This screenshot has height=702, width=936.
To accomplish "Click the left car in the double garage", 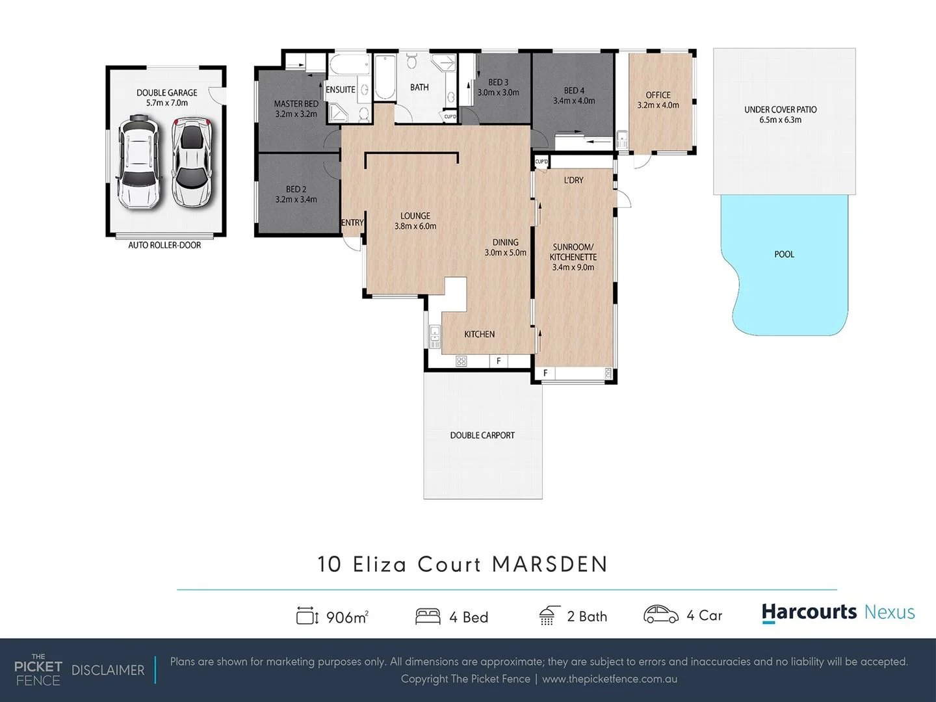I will coord(138,162).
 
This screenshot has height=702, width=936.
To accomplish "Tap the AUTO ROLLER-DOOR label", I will coord(164,245).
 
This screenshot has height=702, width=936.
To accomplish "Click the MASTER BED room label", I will coord(296,104).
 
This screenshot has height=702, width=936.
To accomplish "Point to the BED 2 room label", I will coord(296,189).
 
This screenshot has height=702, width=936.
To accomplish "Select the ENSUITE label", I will coord(341,90).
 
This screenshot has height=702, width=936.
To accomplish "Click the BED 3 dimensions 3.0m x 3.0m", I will coord(498,93).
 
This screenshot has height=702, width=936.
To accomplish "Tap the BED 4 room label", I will coord(574,90).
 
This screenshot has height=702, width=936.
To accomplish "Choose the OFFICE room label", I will coord(658,95).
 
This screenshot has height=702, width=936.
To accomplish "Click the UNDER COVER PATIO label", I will coord(780,109).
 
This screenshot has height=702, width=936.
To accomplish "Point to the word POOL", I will coord(784,254).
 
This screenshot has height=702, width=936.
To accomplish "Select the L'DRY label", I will coord(573,180).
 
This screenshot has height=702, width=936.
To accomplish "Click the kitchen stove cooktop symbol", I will coord(461,361).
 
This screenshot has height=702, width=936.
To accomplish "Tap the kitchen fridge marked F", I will coord(499,361).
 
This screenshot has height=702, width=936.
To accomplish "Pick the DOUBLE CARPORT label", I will coord(482,435).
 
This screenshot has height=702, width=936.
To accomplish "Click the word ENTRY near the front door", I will coord(352,222).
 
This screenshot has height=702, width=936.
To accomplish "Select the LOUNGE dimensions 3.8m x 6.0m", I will coord(415,226).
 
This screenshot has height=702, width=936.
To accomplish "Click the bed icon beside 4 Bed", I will coord(427,616).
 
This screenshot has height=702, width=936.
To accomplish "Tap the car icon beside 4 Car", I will coord(660,615).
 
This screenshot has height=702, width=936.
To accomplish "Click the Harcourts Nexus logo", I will coord(838,612).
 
